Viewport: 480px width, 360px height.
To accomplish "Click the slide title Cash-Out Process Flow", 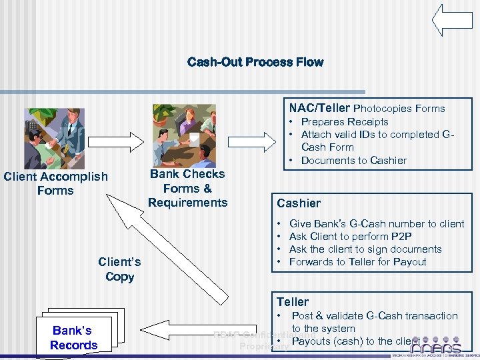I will click(x=255, y=62).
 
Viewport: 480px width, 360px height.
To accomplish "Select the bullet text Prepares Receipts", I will click(x=344, y=122).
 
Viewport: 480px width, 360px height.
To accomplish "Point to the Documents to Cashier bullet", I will click(x=353, y=161).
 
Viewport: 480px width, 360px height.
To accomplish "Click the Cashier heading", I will click(x=298, y=203).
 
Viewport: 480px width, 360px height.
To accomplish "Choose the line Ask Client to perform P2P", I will click(x=350, y=237).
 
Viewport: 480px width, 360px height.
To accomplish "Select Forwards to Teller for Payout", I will click(x=357, y=262).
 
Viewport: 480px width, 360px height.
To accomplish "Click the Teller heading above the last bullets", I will click(x=293, y=302).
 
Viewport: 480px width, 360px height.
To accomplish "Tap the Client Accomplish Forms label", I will click(x=55, y=183).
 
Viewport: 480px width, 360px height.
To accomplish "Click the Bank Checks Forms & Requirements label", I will click(x=187, y=188).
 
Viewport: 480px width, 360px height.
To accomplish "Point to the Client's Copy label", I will click(x=119, y=270).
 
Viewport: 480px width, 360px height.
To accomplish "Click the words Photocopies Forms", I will click(x=399, y=109).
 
